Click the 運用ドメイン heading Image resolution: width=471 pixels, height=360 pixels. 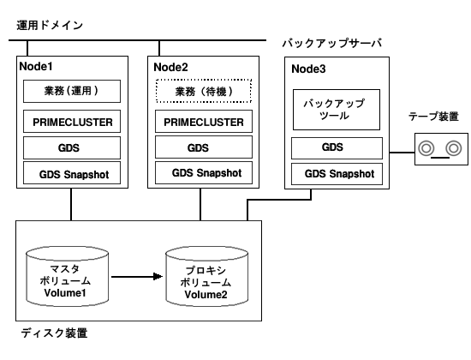pos(50,25)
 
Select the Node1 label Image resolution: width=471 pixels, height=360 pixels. pos(36,67)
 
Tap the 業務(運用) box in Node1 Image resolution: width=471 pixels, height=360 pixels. pos(72,91)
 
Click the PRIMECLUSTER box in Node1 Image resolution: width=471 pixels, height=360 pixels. pos(72,122)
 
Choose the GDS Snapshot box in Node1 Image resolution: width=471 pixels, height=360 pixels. pos(72,173)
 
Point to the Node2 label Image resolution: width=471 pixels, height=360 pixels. pos(170,68)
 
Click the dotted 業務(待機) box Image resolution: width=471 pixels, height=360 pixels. pos(204,91)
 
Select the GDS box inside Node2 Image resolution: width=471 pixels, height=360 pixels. pos(204,147)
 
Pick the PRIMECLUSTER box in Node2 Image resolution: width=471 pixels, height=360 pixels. pos(204,121)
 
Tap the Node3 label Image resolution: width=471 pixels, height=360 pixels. pos(308,69)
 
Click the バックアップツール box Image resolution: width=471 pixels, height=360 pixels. pos(337,110)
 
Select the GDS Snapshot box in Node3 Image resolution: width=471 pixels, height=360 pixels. pos(337,174)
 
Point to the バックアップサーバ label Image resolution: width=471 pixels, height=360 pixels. pos(332,44)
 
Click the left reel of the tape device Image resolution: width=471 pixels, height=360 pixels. pos(426,148)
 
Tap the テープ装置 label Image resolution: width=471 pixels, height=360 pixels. pos(433,117)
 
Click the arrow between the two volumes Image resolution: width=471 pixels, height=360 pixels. pos(137,276)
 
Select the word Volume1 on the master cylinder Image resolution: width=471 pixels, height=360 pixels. pos(65,292)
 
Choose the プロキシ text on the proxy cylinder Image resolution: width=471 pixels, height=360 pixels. pos(206,270)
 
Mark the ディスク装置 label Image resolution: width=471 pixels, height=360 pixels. pos(54,333)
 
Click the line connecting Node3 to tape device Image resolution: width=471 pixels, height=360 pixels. pos(402,153)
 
